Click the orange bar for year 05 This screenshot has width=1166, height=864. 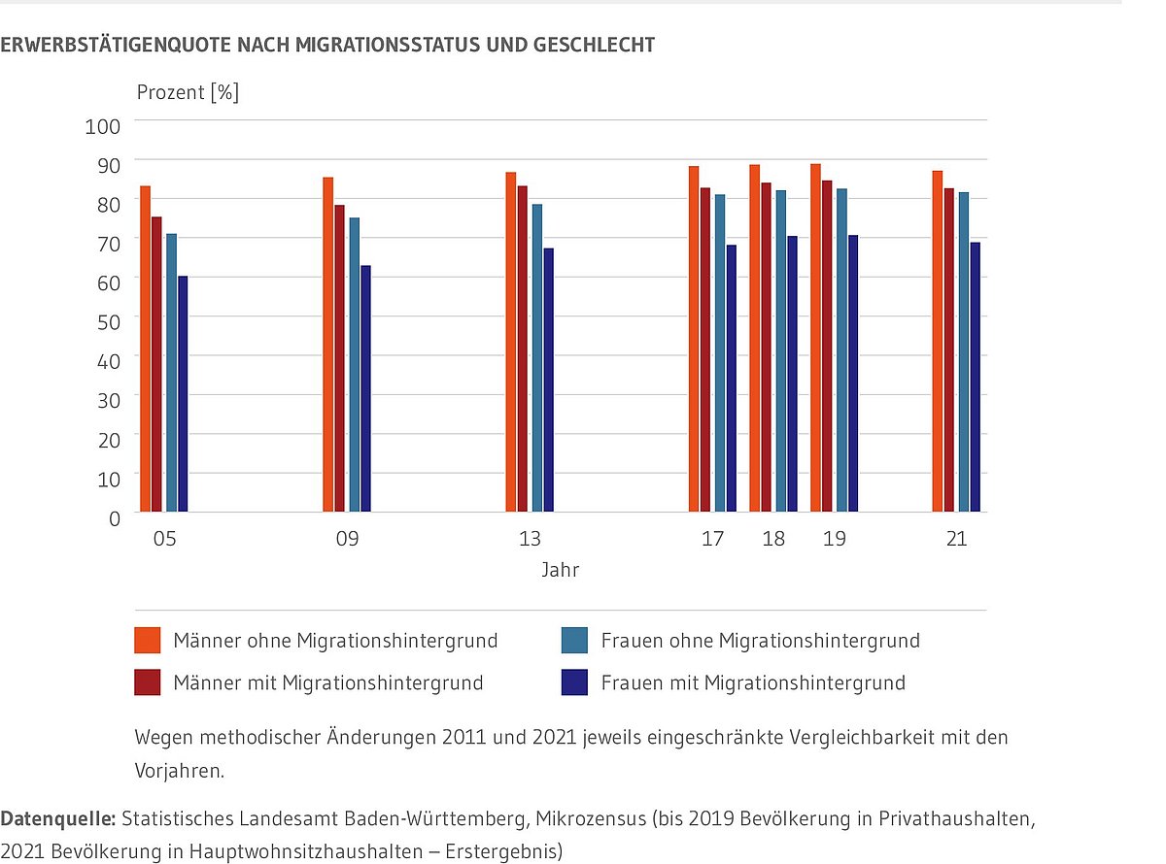pos(146,349)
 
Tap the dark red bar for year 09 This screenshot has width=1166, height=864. pos(340,359)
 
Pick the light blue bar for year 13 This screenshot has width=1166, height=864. pos(536,359)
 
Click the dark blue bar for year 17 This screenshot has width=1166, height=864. pos(732,379)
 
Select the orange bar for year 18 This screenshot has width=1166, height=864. pos(754,340)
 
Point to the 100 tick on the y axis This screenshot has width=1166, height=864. pos(108,126)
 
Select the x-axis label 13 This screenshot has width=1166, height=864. pos(530,539)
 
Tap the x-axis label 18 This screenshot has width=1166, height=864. pos(773,539)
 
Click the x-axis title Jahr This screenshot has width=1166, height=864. pos(561,571)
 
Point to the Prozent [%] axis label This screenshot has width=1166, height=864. pos(188,93)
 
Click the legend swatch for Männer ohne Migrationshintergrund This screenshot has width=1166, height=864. pos(147,641)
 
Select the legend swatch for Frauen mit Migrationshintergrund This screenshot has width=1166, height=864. pos(574,682)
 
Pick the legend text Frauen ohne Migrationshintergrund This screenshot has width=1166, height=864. pos(760,641)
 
